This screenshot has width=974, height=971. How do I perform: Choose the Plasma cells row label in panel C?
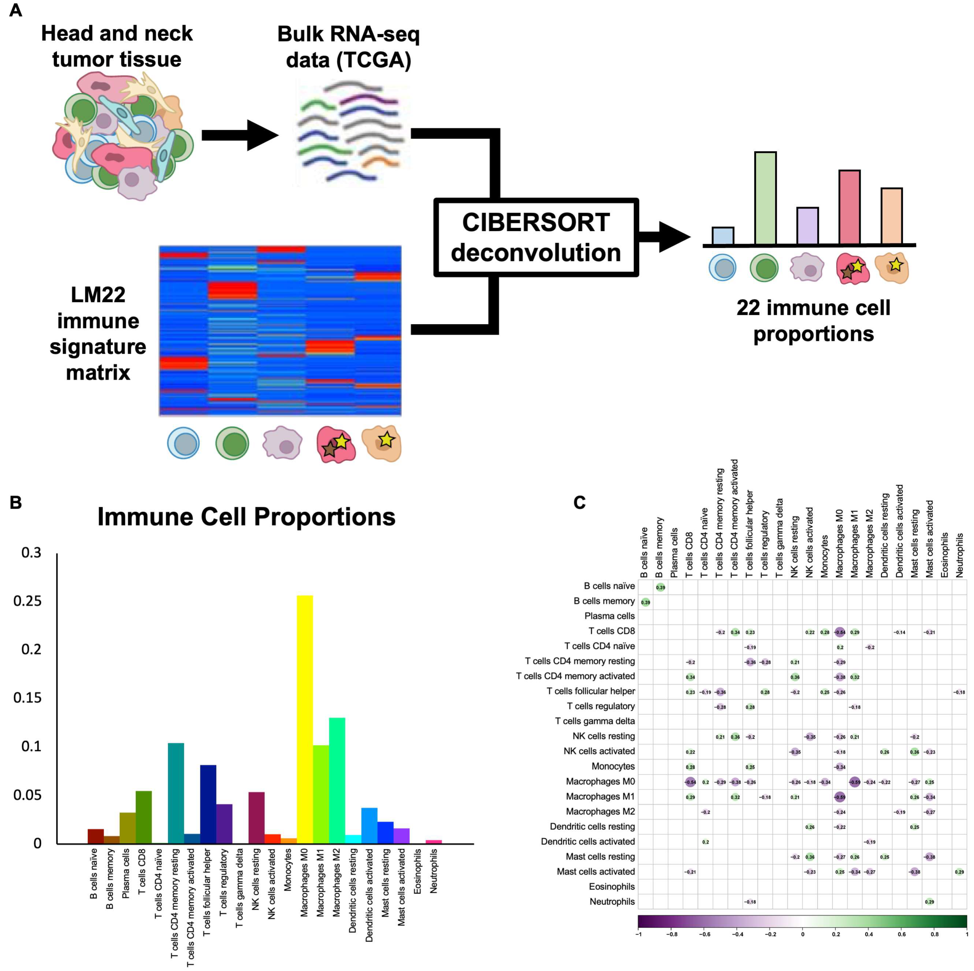click(x=609, y=616)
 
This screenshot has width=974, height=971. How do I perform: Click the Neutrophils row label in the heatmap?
click(x=612, y=901)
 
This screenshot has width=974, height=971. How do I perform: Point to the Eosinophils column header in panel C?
click(x=944, y=555)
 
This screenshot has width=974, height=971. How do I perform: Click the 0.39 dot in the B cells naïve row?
click(x=660, y=587)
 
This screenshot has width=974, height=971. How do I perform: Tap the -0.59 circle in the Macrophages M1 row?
click(x=840, y=797)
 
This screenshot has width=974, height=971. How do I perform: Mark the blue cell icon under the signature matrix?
click(x=183, y=443)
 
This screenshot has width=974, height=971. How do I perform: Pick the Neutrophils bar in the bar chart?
click(x=434, y=841)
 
